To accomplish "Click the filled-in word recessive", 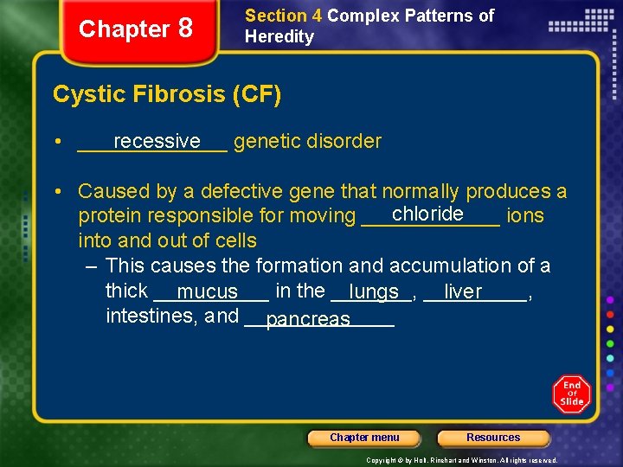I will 157,141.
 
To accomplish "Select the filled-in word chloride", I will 427,214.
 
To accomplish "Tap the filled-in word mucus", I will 207,292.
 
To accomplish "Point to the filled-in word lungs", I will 374,292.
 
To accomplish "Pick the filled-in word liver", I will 463,292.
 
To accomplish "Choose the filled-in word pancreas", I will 308,319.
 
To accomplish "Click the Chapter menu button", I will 364,438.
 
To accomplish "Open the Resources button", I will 493,438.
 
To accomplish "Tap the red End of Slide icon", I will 572,394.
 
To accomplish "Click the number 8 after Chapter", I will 184,29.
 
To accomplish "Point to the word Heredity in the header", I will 279,36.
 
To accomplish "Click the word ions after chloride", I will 525,215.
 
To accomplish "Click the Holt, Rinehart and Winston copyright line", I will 461,460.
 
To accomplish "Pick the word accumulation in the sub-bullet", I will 458,265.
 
